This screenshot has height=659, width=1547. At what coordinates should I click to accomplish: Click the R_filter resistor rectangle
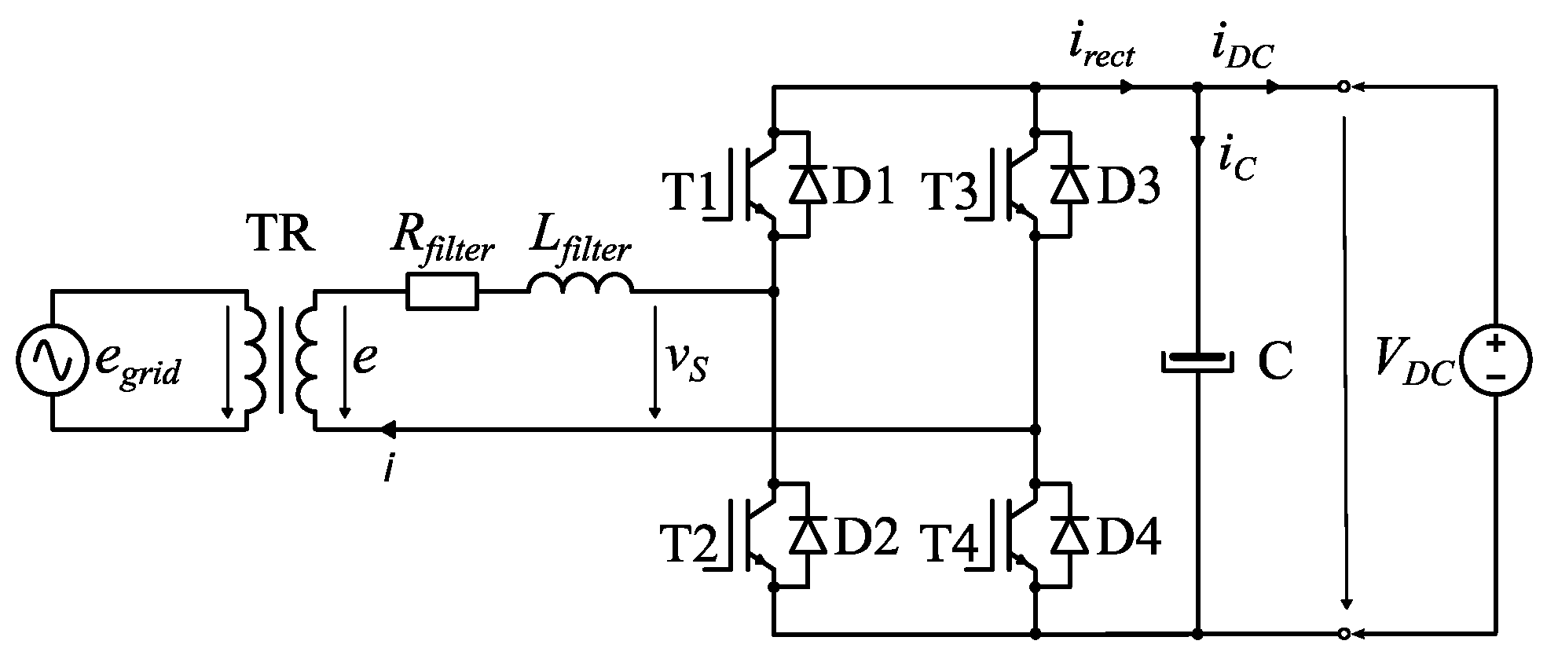[x=442, y=291]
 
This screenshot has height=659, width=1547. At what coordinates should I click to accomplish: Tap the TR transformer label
[x=282, y=233]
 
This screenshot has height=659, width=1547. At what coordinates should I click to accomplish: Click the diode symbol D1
[x=808, y=185]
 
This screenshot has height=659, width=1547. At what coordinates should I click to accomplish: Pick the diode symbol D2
[x=808, y=536]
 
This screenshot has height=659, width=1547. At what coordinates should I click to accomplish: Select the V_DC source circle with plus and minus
[x=1494, y=361]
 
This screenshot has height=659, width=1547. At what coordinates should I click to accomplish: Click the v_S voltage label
[x=687, y=364]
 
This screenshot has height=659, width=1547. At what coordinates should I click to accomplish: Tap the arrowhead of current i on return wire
[x=387, y=430]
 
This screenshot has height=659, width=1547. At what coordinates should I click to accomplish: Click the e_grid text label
[x=137, y=364]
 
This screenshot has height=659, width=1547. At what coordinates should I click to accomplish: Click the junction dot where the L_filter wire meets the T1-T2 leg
[x=774, y=291]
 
